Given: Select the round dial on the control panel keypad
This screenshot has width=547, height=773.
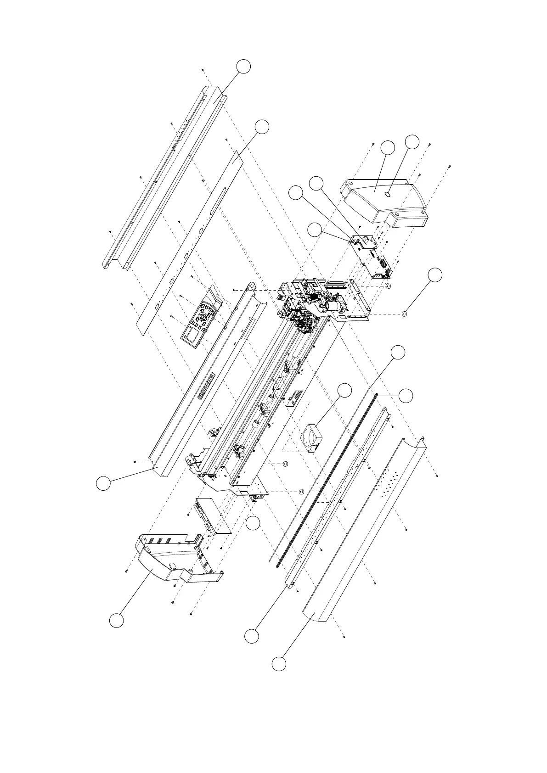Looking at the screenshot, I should (203, 318).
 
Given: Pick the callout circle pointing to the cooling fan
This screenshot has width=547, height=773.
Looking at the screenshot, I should (345, 391).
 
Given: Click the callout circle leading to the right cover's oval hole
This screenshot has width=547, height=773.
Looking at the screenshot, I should (412, 142).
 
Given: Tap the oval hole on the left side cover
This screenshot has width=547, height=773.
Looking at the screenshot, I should (173, 565).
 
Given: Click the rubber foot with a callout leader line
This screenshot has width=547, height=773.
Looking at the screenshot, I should (405, 314).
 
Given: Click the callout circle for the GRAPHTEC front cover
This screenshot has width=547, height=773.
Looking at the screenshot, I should (103, 483).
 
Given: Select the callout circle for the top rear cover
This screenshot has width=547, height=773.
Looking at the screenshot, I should (244, 67).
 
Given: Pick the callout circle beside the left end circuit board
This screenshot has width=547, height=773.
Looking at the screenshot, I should (253, 523).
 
